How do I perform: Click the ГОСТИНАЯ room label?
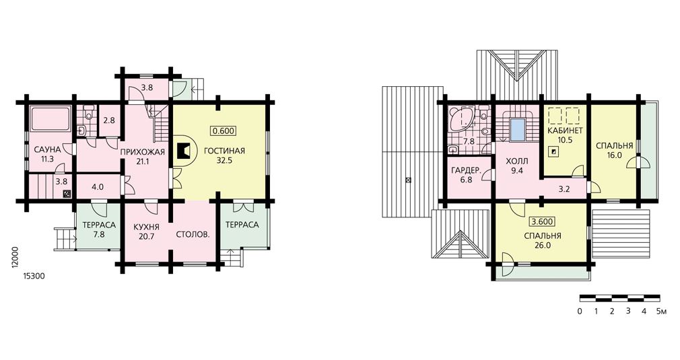click(x=224, y=151)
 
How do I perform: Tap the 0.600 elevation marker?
click(x=224, y=131)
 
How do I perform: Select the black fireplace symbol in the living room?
click(x=184, y=152)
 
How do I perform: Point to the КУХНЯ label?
click(x=146, y=227)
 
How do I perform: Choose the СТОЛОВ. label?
click(x=193, y=236)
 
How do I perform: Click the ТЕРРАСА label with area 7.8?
click(x=99, y=225)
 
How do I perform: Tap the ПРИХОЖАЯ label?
click(x=143, y=152)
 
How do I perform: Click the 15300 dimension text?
click(x=34, y=276)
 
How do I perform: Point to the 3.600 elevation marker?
click(x=542, y=222)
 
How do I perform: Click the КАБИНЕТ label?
click(x=565, y=131)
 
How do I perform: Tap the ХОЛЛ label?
click(x=517, y=161)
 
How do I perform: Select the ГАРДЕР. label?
click(x=466, y=170)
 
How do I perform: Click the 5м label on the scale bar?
click(x=661, y=312)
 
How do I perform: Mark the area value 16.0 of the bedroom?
click(x=614, y=155)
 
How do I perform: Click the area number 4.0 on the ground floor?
click(x=98, y=188)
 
